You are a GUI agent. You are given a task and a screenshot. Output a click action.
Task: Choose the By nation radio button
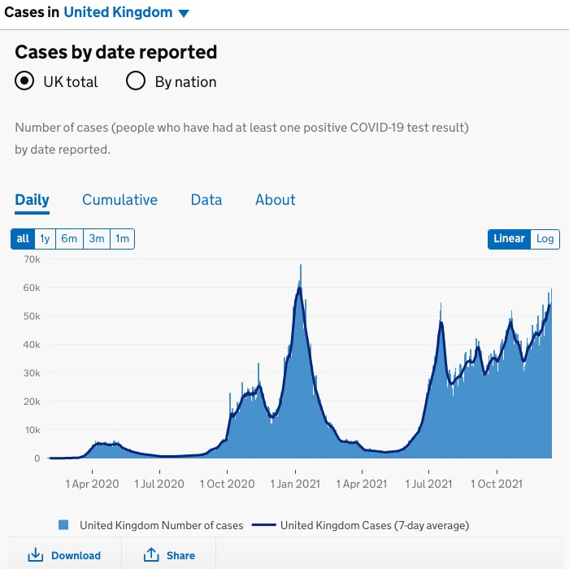(x=136, y=81)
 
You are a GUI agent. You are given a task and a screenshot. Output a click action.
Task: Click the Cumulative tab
(x=119, y=200)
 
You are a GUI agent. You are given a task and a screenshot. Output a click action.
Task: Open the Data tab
(x=206, y=200)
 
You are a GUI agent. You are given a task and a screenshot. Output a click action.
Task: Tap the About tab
(x=276, y=200)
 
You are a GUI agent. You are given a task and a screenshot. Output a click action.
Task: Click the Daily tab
(x=33, y=200)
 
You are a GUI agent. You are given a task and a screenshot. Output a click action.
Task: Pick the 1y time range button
(x=45, y=238)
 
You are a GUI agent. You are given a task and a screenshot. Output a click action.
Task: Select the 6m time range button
(x=69, y=238)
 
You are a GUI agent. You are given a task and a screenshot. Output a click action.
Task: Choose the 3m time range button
(x=97, y=238)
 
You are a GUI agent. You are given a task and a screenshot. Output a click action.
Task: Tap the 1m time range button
(x=122, y=238)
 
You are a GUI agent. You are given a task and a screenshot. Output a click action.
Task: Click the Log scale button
(x=545, y=238)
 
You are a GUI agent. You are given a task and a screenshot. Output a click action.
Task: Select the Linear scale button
(x=510, y=238)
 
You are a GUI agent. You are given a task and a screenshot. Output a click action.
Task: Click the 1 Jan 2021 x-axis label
(x=296, y=484)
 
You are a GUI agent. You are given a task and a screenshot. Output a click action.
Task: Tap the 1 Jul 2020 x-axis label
(x=159, y=484)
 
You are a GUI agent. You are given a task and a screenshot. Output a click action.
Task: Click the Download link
(x=65, y=555)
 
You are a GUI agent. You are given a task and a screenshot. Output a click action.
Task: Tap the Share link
(x=170, y=555)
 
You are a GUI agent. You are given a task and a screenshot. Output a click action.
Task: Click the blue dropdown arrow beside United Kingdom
(x=184, y=13)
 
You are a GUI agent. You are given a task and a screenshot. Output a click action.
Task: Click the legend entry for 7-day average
(x=362, y=525)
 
